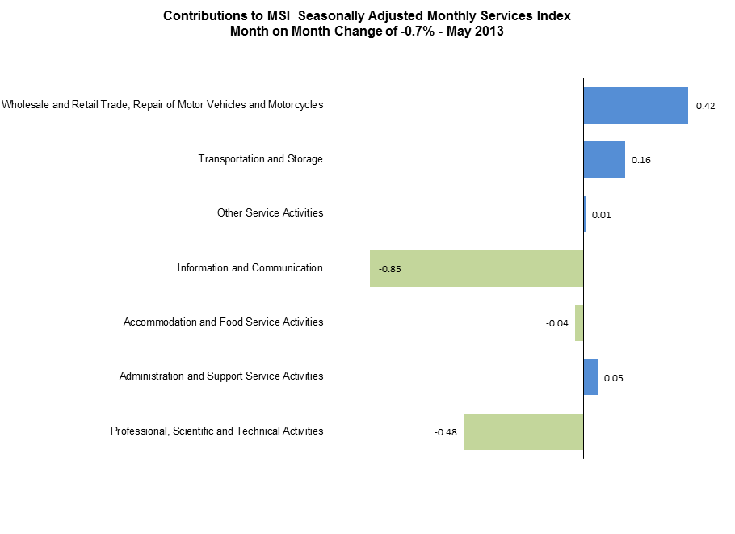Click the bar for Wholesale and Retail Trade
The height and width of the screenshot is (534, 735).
click(636, 105)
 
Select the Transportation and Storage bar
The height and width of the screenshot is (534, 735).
click(604, 159)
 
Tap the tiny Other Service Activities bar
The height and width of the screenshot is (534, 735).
click(585, 214)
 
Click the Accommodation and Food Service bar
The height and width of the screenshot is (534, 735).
click(579, 322)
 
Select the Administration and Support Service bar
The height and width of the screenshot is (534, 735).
click(590, 377)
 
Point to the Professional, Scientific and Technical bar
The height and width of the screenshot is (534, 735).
click(523, 431)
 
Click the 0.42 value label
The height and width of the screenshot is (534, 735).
click(705, 106)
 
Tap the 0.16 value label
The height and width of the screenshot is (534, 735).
click(641, 160)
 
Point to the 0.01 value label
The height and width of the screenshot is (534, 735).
click(601, 215)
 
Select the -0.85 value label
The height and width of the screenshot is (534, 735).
click(390, 269)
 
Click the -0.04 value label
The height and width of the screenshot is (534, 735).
click(557, 323)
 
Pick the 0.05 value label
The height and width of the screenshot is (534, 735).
click(614, 378)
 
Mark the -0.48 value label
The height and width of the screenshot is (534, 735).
click(446, 432)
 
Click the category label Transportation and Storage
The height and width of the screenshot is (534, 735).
click(260, 158)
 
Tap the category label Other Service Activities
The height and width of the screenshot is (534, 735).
click(270, 212)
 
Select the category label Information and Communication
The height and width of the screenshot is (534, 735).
click(250, 267)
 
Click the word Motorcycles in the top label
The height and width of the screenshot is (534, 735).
click(294, 104)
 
